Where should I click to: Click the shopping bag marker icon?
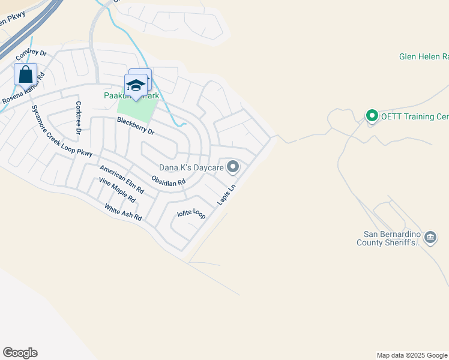point(25,75)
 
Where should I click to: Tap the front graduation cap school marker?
point(136,85)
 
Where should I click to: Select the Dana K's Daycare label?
point(191,167)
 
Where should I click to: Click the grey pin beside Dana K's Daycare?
point(233,167)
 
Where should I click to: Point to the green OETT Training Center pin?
point(372,116)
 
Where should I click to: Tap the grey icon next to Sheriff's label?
point(430,238)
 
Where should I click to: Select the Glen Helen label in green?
point(424,57)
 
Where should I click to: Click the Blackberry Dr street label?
point(136,126)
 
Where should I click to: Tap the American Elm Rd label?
point(122,179)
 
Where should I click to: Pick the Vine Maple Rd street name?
point(117,190)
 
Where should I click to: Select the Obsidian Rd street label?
point(169,180)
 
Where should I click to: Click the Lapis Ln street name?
point(227,194)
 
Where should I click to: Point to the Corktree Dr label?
point(78,116)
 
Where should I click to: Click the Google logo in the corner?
point(20,353)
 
